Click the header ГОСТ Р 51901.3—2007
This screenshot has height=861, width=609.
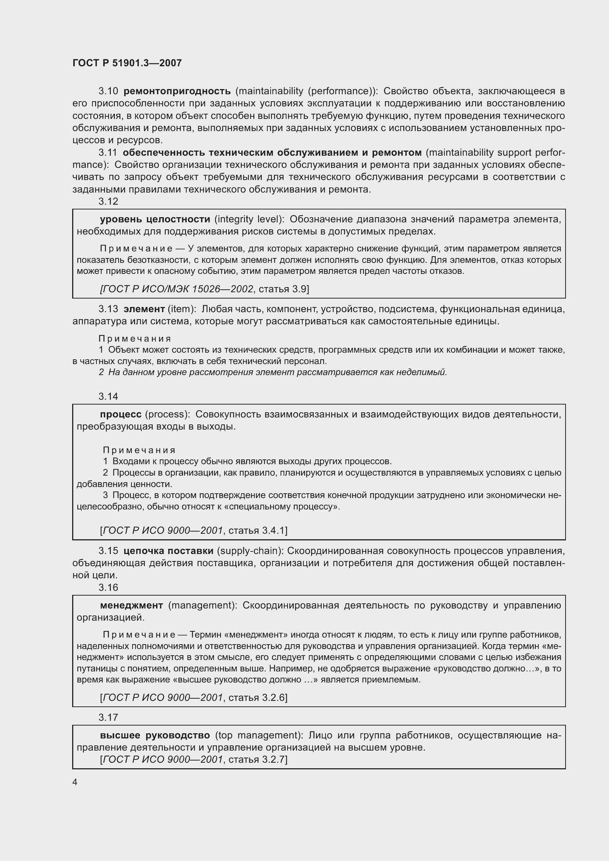point(127,63)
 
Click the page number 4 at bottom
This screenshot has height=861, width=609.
point(75,782)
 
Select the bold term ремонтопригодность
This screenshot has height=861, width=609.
point(177,91)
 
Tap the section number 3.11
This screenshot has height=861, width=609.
point(108,153)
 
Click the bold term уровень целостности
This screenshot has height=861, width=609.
point(155,219)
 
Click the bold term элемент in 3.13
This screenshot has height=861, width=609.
point(144,309)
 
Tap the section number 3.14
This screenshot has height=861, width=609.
point(108,396)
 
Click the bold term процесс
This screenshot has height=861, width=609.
point(121,414)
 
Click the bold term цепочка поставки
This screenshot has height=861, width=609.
point(168,551)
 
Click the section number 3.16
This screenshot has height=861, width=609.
point(108,587)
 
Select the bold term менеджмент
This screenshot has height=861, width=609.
point(131,606)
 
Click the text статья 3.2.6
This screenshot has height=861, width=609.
point(257,698)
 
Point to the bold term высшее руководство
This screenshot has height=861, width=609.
point(155,735)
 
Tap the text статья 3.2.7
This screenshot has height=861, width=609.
point(257,759)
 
